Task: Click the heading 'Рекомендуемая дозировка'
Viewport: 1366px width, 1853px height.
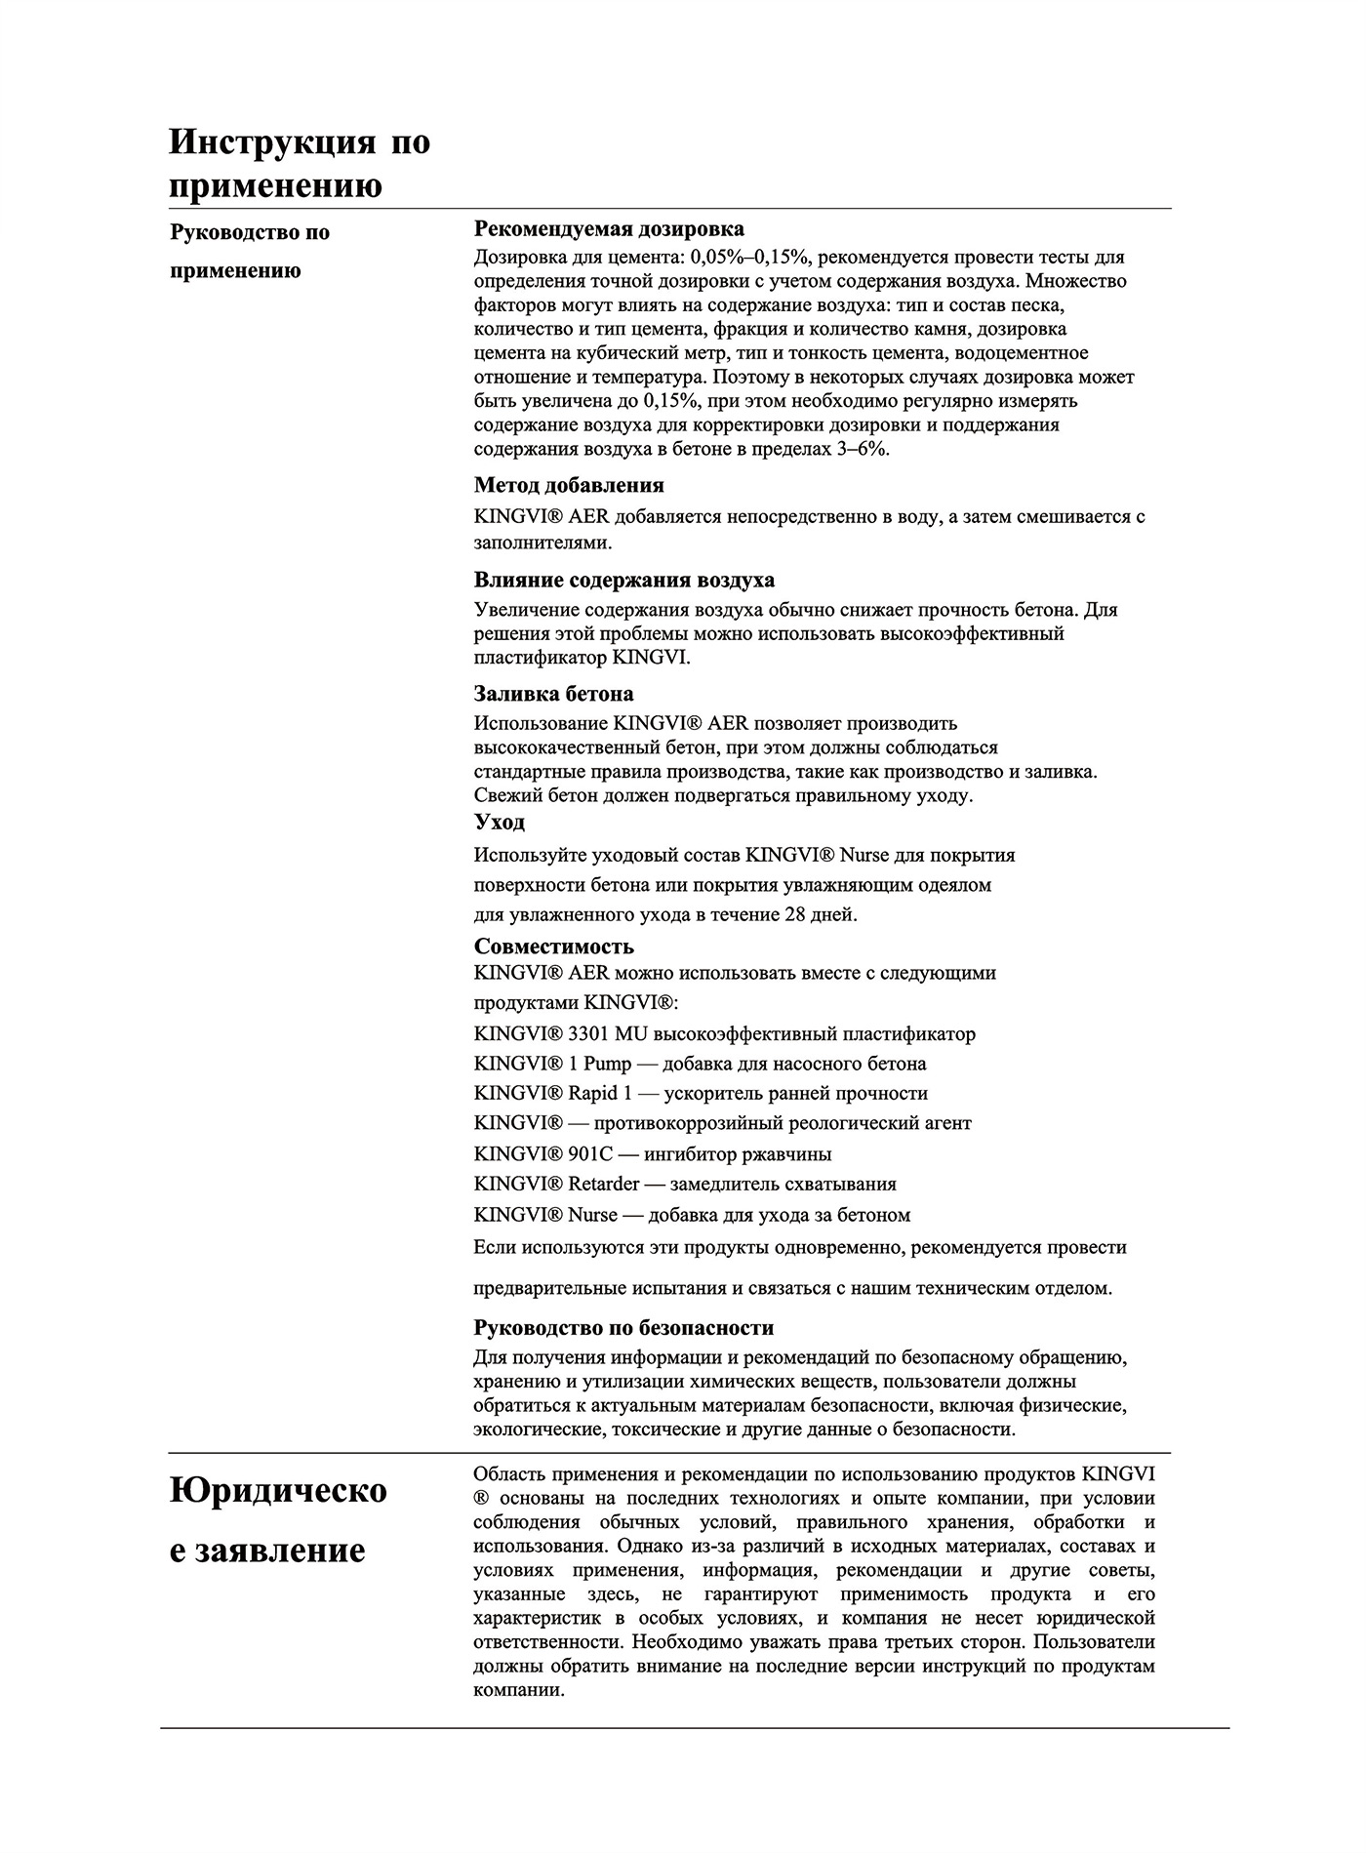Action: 609,229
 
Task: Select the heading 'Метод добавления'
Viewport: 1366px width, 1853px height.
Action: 569,485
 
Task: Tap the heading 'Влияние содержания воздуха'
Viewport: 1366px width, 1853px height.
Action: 624,581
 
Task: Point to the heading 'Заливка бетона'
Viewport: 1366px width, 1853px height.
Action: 553,695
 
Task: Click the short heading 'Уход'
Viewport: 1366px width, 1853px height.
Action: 500,823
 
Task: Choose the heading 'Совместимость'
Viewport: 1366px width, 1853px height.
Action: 553,947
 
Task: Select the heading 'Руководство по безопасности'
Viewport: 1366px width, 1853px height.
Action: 623,1328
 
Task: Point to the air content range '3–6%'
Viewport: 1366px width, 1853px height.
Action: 863,449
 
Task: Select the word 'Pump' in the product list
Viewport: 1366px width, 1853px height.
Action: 608,1065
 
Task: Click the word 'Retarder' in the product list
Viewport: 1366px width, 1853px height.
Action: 604,1185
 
